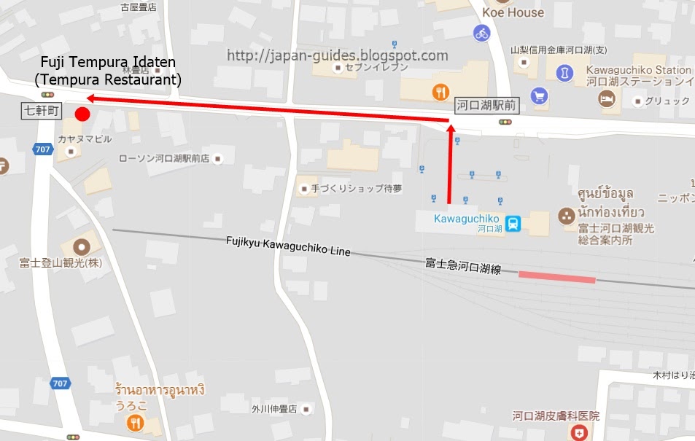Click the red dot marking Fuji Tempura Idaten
tap(82, 114)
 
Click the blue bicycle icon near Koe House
tap(481, 33)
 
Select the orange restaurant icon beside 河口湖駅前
tap(440, 92)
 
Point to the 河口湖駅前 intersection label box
tap(486, 106)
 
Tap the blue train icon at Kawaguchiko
tap(513, 223)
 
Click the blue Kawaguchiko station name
tap(466, 219)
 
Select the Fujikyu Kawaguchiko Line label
tap(287, 246)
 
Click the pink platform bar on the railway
tap(557, 277)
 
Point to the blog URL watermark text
tap(337, 55)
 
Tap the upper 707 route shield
tap(42, 149)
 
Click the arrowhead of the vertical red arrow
tap(450, 129)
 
